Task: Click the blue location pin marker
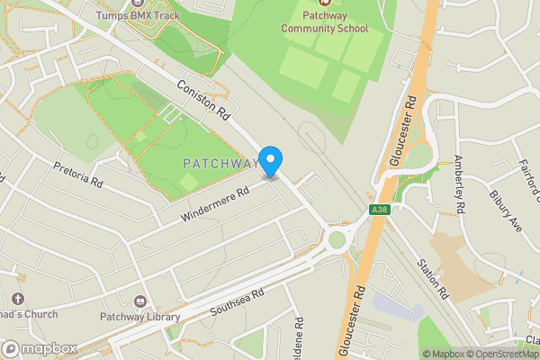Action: pos(271,160)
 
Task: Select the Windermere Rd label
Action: pos(214,204)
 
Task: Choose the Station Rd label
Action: pos(432,279)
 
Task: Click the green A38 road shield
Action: pos(379,210)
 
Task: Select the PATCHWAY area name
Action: pos(220,164)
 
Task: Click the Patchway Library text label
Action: pos(141,316)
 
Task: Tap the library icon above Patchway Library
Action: pos(140,301)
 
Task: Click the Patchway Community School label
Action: pos(324,22)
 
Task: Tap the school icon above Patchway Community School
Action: pos(324,4)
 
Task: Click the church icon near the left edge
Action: pos(17,300)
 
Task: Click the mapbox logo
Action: pos(39,348)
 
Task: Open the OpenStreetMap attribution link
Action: pos(506,354)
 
